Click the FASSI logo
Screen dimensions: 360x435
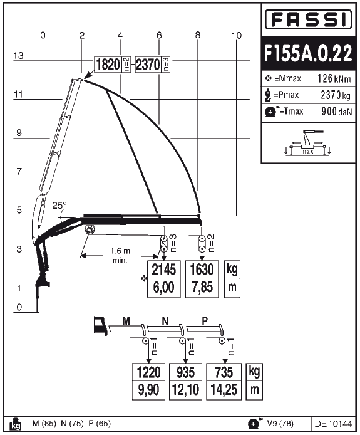point(309,19)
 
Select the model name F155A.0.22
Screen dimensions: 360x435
point(308,53)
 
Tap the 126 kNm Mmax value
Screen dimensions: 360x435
point(334,78)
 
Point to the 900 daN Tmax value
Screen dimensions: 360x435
point(336,112)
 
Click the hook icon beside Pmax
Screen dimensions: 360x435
point(268,95)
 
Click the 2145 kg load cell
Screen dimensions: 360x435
point(164,270)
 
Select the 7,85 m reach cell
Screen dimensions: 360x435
point(202,288)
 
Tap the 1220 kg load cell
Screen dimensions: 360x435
point(148,372)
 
